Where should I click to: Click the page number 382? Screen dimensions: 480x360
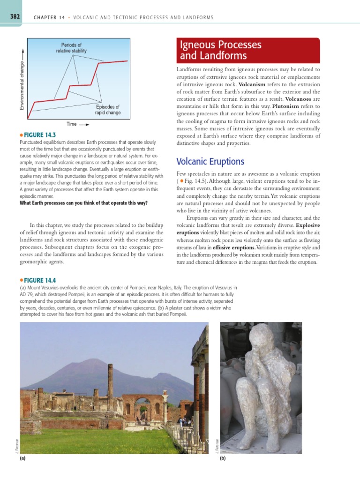pos(10,17)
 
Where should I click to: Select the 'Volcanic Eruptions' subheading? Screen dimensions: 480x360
pos(210,162)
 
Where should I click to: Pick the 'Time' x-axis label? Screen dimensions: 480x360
pos(71,124)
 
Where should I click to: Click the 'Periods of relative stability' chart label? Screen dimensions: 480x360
pos(71,48)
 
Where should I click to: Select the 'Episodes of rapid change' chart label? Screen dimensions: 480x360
pos(107,110)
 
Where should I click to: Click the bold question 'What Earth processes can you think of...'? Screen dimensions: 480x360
pos(83,203)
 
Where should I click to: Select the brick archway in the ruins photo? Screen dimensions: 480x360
pos(141,405)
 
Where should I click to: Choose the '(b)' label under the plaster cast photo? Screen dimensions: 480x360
pos(223,459)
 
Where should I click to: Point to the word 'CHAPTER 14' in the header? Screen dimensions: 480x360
pos(49,17)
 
